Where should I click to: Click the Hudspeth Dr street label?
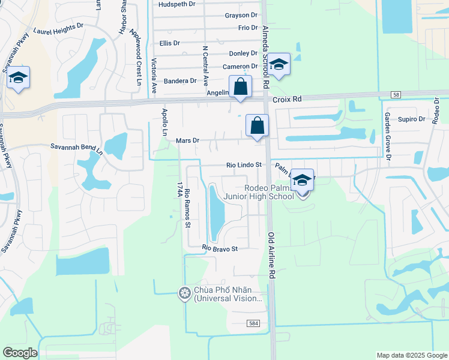[177, 4]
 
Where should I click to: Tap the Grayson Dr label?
[241, 15]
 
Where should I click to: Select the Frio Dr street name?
[247, 28]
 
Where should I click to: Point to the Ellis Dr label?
[169, 43]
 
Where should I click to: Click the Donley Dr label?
[243, 53]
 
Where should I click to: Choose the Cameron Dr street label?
[240, 67]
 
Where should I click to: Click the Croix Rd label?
[286, 100]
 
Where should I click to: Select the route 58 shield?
[395, 95]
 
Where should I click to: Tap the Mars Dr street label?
[187, 140]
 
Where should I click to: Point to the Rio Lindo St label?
[244, 164]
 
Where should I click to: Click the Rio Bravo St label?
[220, 248]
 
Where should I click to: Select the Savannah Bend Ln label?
[76, 146]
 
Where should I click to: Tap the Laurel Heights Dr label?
[58, 29]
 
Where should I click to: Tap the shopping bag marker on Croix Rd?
[240, 86]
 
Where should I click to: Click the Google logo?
[20, 353]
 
